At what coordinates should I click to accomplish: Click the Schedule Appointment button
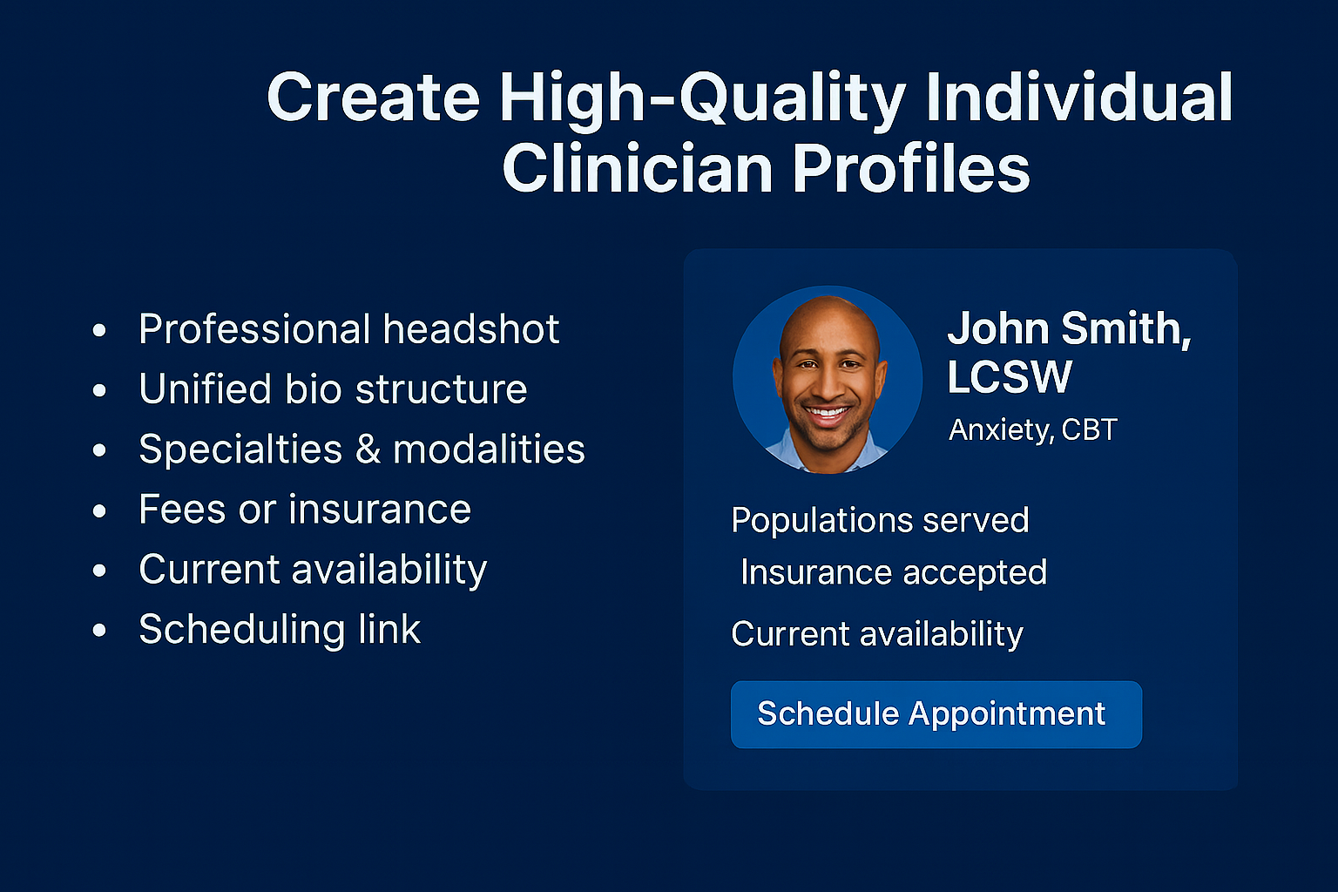(x=936, y=714)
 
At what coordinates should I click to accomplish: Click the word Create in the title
(x=373, y=97)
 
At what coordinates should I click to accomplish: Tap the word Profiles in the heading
(x=911, y=169)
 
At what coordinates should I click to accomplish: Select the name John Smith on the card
(x=1068, y=329)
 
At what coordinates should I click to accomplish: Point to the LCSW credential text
(x=1009, y=377)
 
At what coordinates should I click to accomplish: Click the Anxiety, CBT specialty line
(x=1032, y=429)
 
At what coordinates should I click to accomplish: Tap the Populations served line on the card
(x=880, y=520)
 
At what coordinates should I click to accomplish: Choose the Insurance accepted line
(x=893, y=572)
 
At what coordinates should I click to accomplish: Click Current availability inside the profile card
(x=876, y=633)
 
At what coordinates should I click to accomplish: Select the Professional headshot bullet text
(x=348, y=329)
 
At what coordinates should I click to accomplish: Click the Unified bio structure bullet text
(x=333, y=389)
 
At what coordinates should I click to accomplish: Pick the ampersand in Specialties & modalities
(x=368, y=449)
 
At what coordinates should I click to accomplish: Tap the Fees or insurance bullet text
(x=305, y=510)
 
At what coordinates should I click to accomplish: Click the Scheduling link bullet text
(x=280, y=630)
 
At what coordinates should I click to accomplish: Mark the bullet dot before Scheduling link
(x=99, y=630)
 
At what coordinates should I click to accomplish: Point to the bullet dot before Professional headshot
(x=99, y=330)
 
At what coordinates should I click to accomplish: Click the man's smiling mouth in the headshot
(x=827, y=413)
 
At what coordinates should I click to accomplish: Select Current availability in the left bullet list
(x=313, y=570)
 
